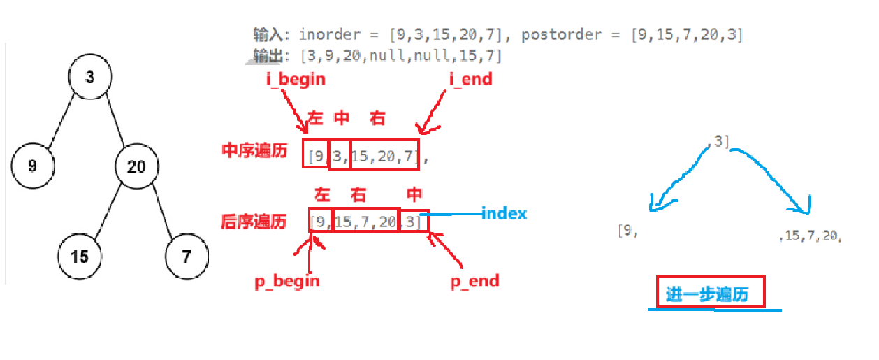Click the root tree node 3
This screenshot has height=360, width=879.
coord(90,76)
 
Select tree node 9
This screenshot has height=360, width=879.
coord(33,165)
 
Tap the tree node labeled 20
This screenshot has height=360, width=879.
coord(137,166)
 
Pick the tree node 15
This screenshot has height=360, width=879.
coord(80,255)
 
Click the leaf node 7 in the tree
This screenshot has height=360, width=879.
coord(187,255)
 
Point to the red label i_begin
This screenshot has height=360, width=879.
coord(296,79)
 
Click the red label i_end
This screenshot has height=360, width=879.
coord(470,79)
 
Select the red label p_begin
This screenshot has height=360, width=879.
coord(286,280)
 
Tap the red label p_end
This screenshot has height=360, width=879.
coord(474,280)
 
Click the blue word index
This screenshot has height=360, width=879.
coord(504,213)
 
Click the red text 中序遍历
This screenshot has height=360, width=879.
coord(254,150)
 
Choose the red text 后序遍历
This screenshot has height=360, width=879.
coord(254,222)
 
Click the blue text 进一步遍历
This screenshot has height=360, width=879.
coord(707,294)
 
